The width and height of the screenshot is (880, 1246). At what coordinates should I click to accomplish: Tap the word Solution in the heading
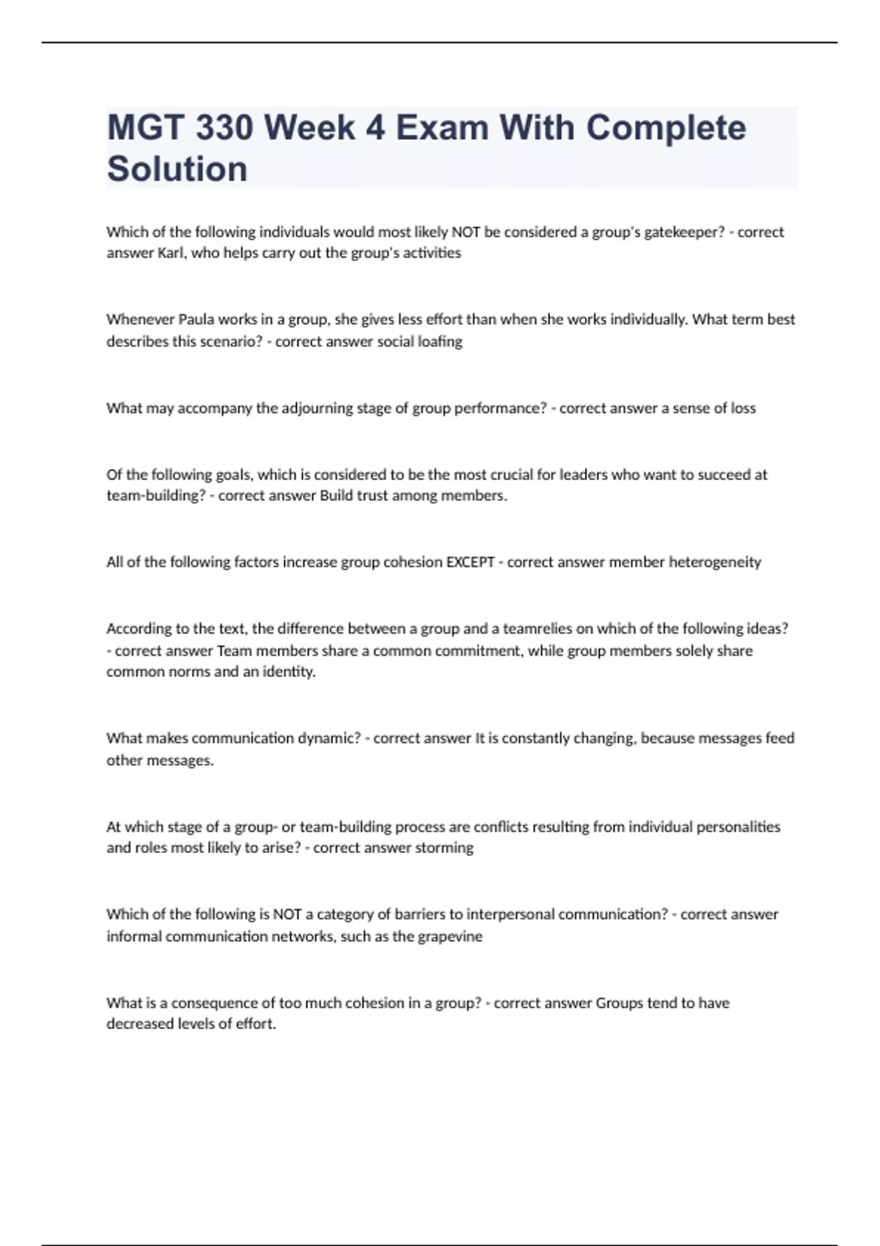(x=177, y=169)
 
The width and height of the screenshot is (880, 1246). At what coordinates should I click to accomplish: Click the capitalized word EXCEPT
(x=470, y=562)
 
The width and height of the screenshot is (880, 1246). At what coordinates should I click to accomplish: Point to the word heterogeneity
(x=715, y=562)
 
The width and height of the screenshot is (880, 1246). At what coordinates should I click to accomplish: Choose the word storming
(x=444, y=848)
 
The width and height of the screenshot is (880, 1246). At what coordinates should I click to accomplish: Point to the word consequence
(x=214, y=1003)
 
